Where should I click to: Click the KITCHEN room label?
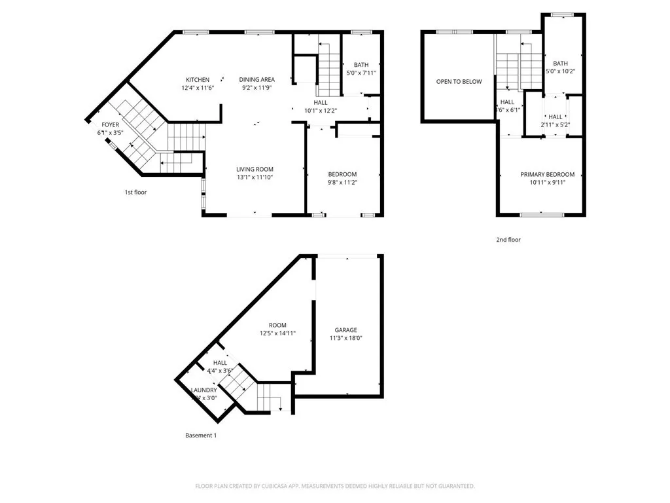point(198,80)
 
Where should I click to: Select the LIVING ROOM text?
point(255,169)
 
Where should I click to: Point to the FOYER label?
point(110,124)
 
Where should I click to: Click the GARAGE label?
point(345,330)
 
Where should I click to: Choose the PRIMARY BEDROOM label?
point(547,174)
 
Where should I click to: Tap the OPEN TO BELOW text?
point(459,82)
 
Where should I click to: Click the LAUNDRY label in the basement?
point(203,390)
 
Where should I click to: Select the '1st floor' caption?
point(136,193)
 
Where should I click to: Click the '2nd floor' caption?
point(508,240)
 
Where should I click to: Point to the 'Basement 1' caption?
point(200,436)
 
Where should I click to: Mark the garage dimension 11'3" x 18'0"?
point(345,339)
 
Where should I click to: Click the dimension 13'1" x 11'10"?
point(255,177)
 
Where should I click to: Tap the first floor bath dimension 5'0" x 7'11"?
point(361,73)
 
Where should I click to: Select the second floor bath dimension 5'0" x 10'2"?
point(561,71)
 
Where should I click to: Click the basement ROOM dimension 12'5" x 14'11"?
point(277,333)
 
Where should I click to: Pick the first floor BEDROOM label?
point(342,174)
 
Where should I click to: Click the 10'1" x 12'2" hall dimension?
point(321,111)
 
